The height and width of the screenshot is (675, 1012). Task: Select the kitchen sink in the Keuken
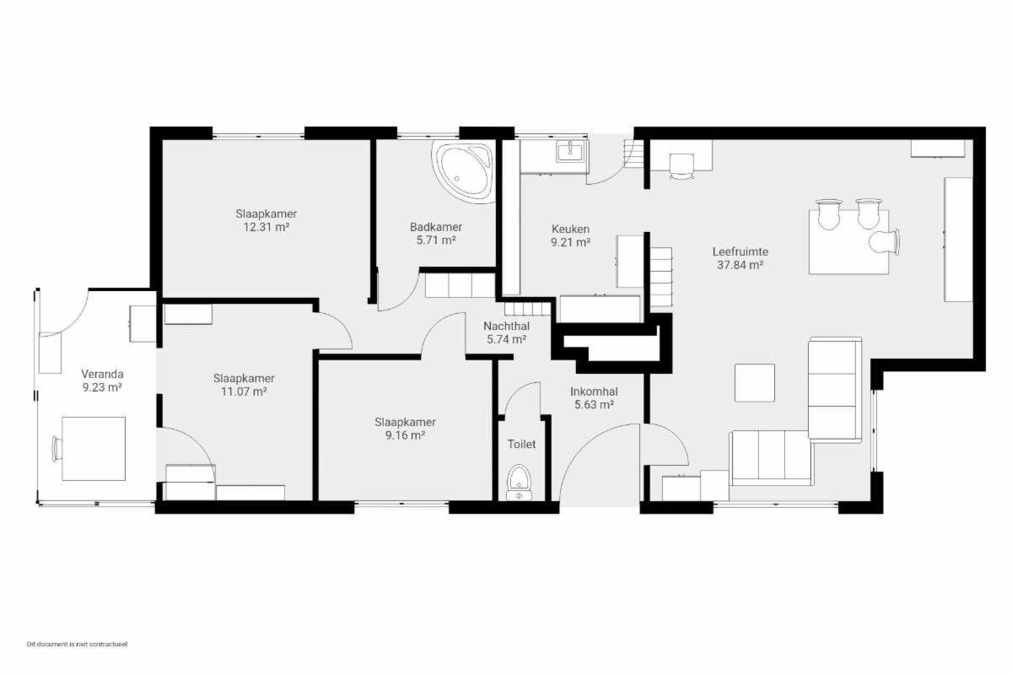[571, 151]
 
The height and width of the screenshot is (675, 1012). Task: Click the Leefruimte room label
[740, 251]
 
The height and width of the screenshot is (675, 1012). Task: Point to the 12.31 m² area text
[266, 227]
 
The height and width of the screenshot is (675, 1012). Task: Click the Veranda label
[102, 374]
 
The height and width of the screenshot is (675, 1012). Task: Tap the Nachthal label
[507, 326]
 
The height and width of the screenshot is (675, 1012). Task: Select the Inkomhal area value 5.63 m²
[594, 405]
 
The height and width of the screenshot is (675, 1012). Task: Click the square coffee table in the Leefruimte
[755, 383]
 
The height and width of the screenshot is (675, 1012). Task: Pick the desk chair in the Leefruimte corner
[681, 166]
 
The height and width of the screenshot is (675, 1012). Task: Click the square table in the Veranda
[94, 449]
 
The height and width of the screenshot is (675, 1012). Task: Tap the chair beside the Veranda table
[57, 449]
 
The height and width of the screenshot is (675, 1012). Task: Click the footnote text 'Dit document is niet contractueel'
[78, 644]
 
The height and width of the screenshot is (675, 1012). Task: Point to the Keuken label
[570, 229]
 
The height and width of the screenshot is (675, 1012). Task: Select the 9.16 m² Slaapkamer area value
[405, 435]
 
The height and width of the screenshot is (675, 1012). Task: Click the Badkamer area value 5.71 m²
[436, 240]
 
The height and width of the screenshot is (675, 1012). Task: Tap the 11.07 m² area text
[244, 391]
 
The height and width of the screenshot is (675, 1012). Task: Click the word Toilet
[521, 444]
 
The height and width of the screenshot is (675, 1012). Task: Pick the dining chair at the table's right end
[884, 242]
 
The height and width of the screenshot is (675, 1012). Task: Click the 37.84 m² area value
[740, 265]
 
